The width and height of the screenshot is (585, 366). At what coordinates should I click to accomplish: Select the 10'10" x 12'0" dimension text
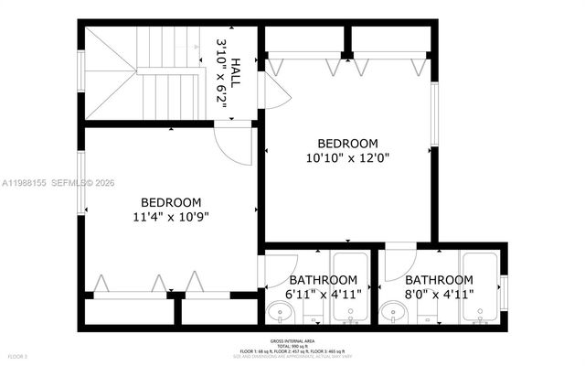347,158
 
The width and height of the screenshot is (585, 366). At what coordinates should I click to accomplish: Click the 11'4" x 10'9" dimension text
171,218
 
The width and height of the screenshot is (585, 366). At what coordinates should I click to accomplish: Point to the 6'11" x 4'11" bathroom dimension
324,294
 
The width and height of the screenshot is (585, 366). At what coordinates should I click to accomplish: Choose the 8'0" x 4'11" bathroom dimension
439,294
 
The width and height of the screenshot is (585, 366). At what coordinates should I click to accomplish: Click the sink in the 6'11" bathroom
281,314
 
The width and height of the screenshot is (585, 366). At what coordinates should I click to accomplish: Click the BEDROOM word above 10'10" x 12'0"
347,144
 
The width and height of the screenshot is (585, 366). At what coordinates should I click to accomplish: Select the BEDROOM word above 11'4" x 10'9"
171,202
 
